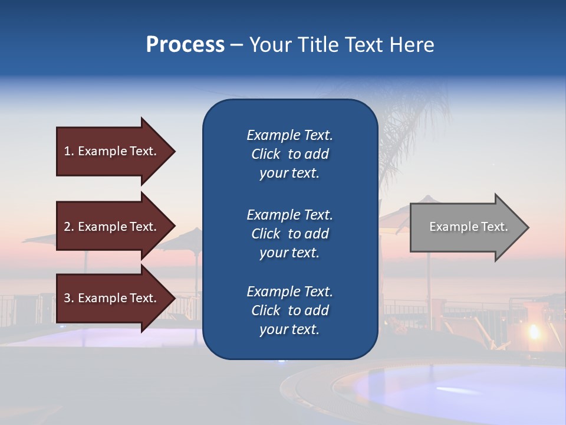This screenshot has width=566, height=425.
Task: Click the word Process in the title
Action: click(x=185, y=45)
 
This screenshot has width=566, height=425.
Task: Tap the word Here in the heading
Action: click(x=411, y=45)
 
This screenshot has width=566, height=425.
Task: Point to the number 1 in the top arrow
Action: click(x=68, y=151)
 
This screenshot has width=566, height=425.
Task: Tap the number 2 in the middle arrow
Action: click(x=68, y=227)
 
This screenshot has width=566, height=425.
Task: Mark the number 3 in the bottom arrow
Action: click(x=68, y=298)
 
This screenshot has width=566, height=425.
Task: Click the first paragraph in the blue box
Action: click(x=289, y=154)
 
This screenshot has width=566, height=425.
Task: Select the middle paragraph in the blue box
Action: click(x=289, y=234)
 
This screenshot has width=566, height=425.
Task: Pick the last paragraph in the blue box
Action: click(x=289, y=310)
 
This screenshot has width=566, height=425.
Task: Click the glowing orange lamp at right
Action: click(x=534, y=331)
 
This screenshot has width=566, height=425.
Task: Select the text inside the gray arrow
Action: click(x=469, y=227)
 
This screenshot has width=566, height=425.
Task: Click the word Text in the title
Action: click(x=363, y=45)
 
